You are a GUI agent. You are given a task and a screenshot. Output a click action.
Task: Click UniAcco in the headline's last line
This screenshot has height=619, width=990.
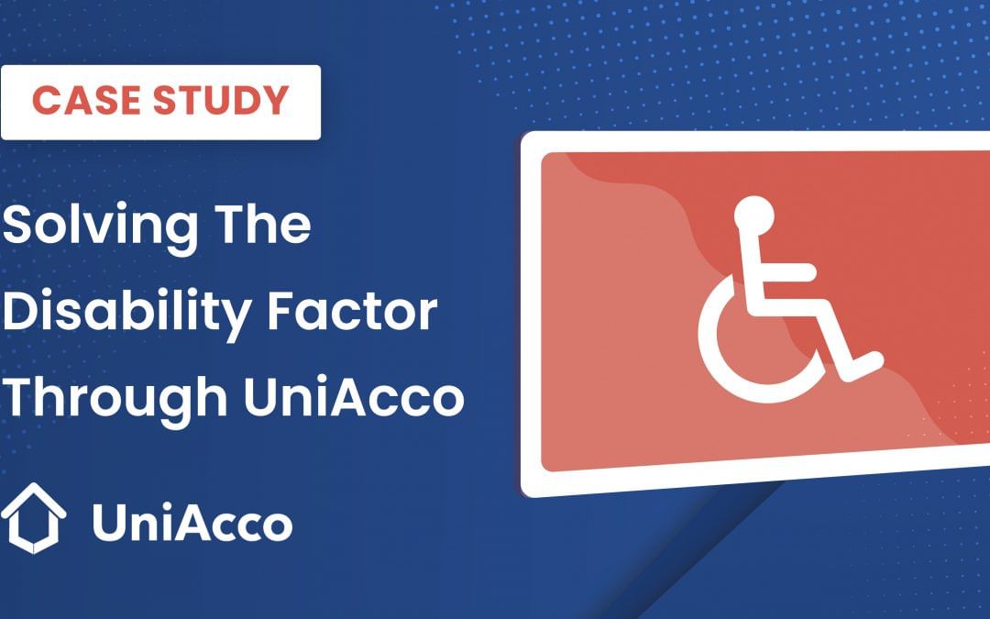354,397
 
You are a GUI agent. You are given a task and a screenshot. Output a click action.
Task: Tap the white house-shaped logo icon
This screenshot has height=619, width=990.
33,518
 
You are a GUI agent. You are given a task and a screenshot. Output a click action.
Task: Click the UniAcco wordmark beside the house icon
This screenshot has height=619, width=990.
192,524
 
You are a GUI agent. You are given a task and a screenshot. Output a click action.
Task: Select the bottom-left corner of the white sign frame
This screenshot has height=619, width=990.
530,487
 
